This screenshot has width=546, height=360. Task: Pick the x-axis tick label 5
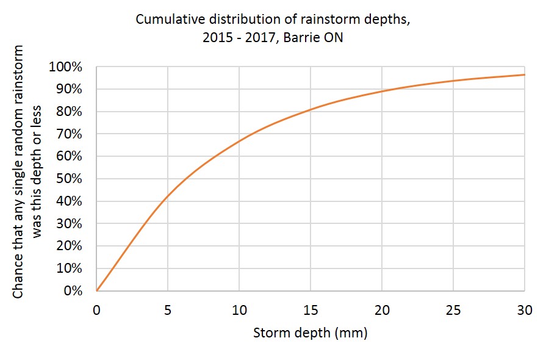(x=168, y=311)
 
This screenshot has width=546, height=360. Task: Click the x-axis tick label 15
(x=311, y=311)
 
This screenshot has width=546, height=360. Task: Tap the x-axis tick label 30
(x=524, y=311)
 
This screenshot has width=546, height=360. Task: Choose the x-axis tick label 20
(x=382, y=311)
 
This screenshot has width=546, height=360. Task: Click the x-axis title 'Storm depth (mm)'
(x=310, y=333)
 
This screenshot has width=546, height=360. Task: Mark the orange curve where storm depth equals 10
(x=239, y=141)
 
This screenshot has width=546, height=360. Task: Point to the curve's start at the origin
(x=97, y=290)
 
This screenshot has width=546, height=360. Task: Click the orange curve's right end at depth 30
(x=524, y=75)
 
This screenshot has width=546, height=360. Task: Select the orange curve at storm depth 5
(x=168, y=196)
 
